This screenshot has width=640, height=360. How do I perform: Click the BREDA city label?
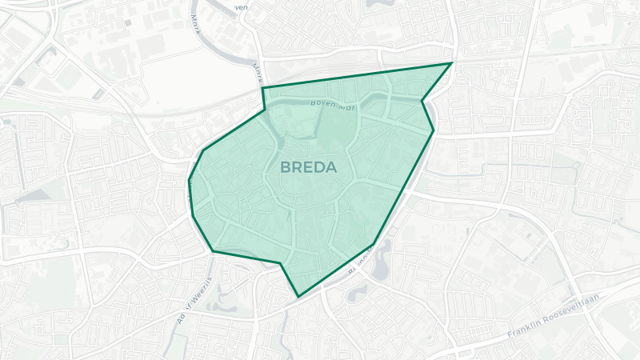coord(309,168)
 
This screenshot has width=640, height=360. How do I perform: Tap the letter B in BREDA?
coord(286,168)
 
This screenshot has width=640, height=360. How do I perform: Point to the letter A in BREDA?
coord(331,168)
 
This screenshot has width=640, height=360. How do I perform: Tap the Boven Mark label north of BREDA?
coord(333,105)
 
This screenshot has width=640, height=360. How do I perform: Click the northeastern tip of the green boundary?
coord(452,62)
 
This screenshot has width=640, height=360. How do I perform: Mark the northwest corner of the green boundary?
coord(263,87)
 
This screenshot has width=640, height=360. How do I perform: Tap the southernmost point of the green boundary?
coord(298,297)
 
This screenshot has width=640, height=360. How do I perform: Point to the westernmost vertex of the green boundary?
coord(189,181)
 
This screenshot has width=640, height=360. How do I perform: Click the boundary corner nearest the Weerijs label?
coord(213,251)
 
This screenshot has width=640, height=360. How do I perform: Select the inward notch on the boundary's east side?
coord(422,102)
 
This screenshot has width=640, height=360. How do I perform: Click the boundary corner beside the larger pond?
coord(374,243)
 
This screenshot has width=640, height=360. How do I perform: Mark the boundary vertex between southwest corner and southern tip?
coord(281,262)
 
